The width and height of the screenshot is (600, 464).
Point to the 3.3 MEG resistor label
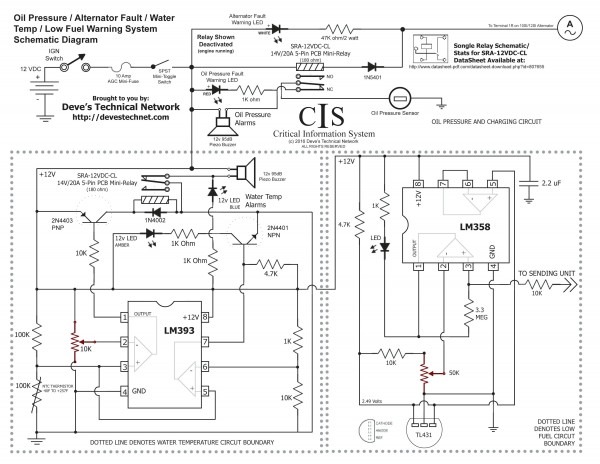[481, 319]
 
